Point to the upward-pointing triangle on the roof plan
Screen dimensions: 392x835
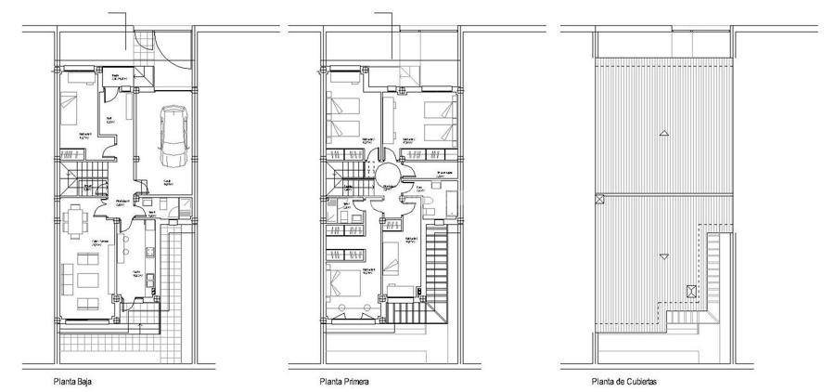[663, 135]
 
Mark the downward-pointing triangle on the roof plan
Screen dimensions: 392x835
[663, 255]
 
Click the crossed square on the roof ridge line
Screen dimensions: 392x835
[598, 198]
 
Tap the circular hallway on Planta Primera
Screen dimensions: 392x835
[385, 173]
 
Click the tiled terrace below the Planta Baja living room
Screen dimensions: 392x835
[121, 351]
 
